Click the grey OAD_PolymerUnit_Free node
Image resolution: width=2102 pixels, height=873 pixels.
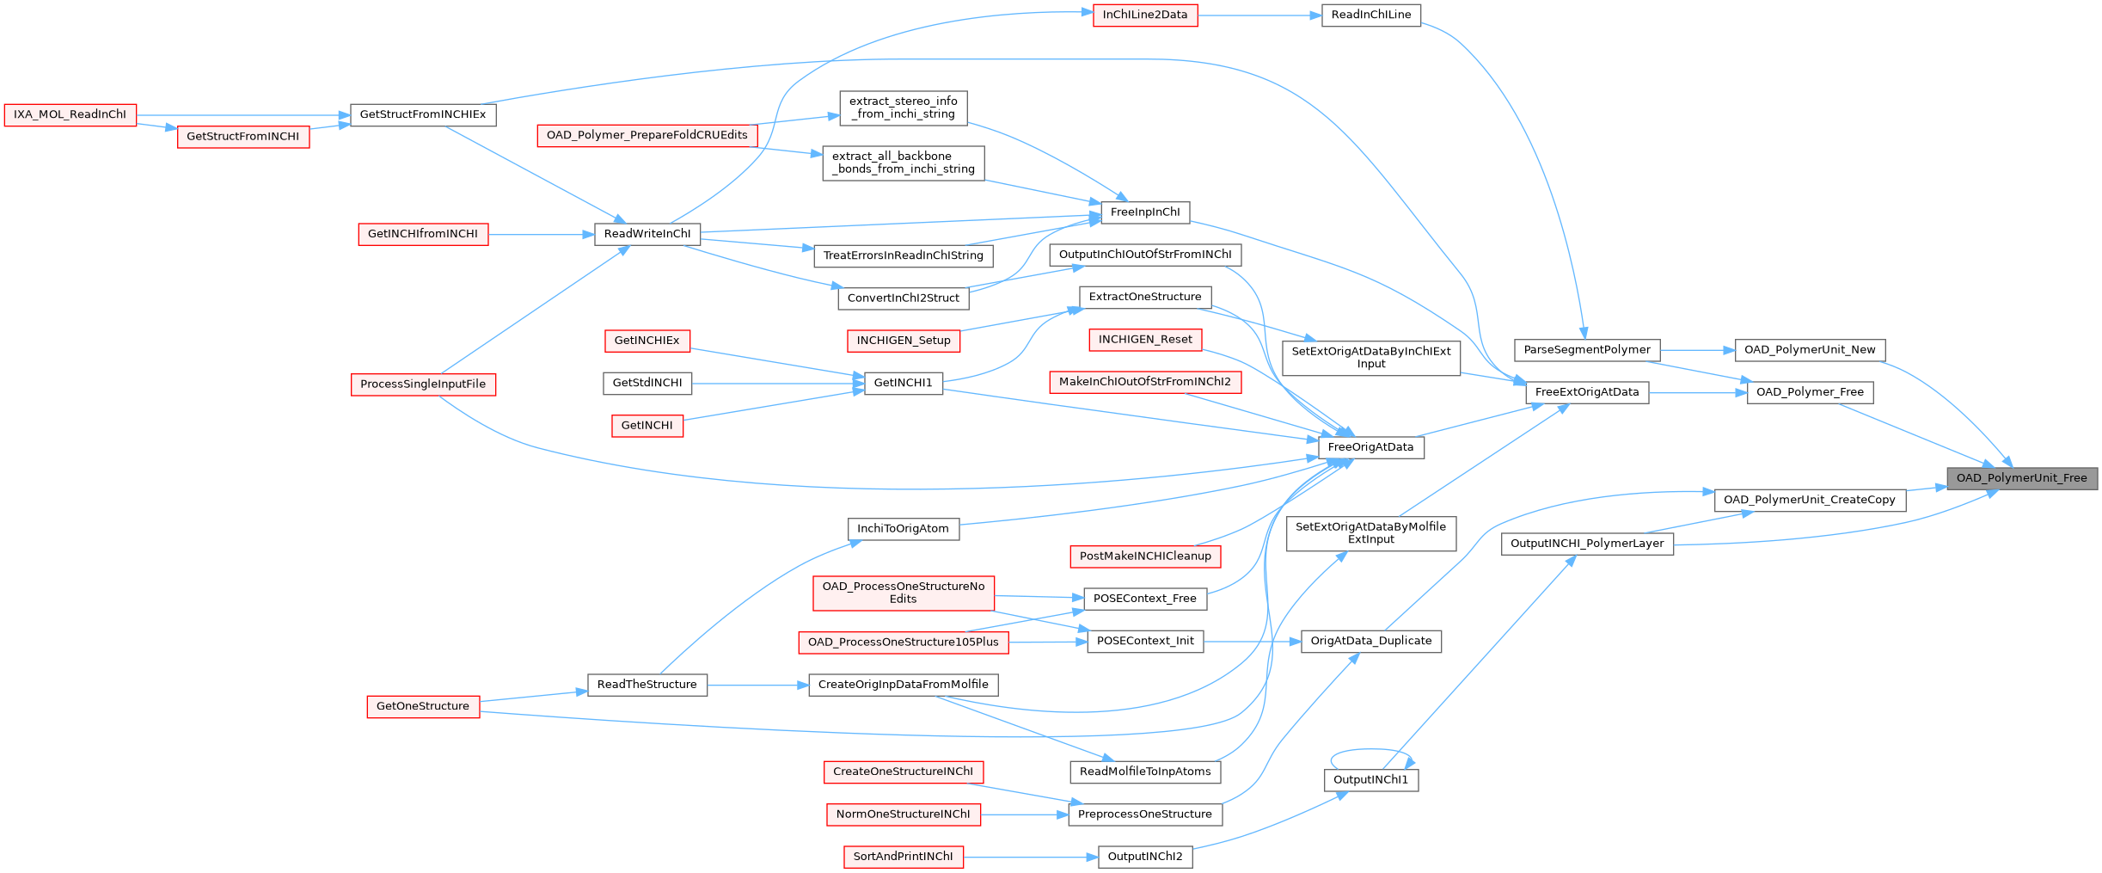[x=2022, y=478]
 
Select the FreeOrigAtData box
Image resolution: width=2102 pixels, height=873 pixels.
[x=1370, y=447]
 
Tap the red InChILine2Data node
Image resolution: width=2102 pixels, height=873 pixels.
[x=1145, y=15]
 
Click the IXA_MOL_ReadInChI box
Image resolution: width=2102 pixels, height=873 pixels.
[x=70, y=115]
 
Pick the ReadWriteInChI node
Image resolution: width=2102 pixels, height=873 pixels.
[x=647, y=234]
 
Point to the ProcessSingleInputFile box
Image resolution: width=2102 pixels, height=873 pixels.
[x=423, y=384]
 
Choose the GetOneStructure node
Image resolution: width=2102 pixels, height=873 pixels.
[x=423, y=707]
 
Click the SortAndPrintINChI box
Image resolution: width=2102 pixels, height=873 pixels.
[x=903, y=857]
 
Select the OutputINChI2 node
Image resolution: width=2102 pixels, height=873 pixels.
[x=1145, y=857]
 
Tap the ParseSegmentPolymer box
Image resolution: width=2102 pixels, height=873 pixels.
[x=1587, y=350]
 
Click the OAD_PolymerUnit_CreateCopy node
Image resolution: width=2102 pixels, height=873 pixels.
[x=1810, y=500]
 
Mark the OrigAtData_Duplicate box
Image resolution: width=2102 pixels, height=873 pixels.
[x=1371, y=642]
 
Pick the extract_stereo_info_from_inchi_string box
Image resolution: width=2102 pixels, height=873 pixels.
[x=904, y=108]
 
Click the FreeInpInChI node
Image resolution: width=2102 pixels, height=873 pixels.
[x=1145, y=212]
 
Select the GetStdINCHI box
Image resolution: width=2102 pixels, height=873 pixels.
[x=647, y=384]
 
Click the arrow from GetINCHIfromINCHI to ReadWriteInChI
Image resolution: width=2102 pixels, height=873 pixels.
[x=542, y=234]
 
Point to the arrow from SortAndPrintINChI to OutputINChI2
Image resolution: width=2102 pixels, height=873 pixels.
[x=1030, y=857]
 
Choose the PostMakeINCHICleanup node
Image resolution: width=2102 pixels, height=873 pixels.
[x=1145, y=556]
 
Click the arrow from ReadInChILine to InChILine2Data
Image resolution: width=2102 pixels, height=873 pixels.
[x=1259, y=15]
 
